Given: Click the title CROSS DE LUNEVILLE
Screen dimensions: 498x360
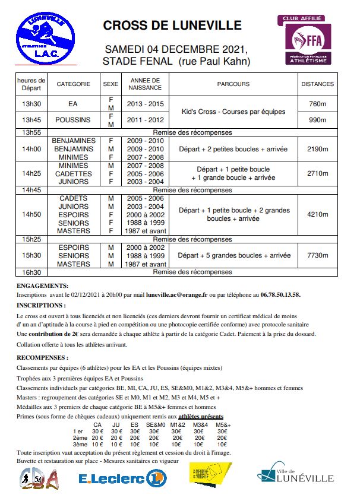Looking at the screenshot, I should [x=172, y=26].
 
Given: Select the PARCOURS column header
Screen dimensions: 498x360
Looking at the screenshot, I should [x=233, y=84].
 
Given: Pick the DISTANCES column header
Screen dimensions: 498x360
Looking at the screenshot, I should [x=317, y=84].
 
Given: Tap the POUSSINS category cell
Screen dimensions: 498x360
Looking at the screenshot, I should [x=73, y=120].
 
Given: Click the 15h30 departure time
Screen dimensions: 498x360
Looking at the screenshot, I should [x=31, y=255].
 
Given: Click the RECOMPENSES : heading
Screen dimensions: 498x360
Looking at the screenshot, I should [x=42, y=359].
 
